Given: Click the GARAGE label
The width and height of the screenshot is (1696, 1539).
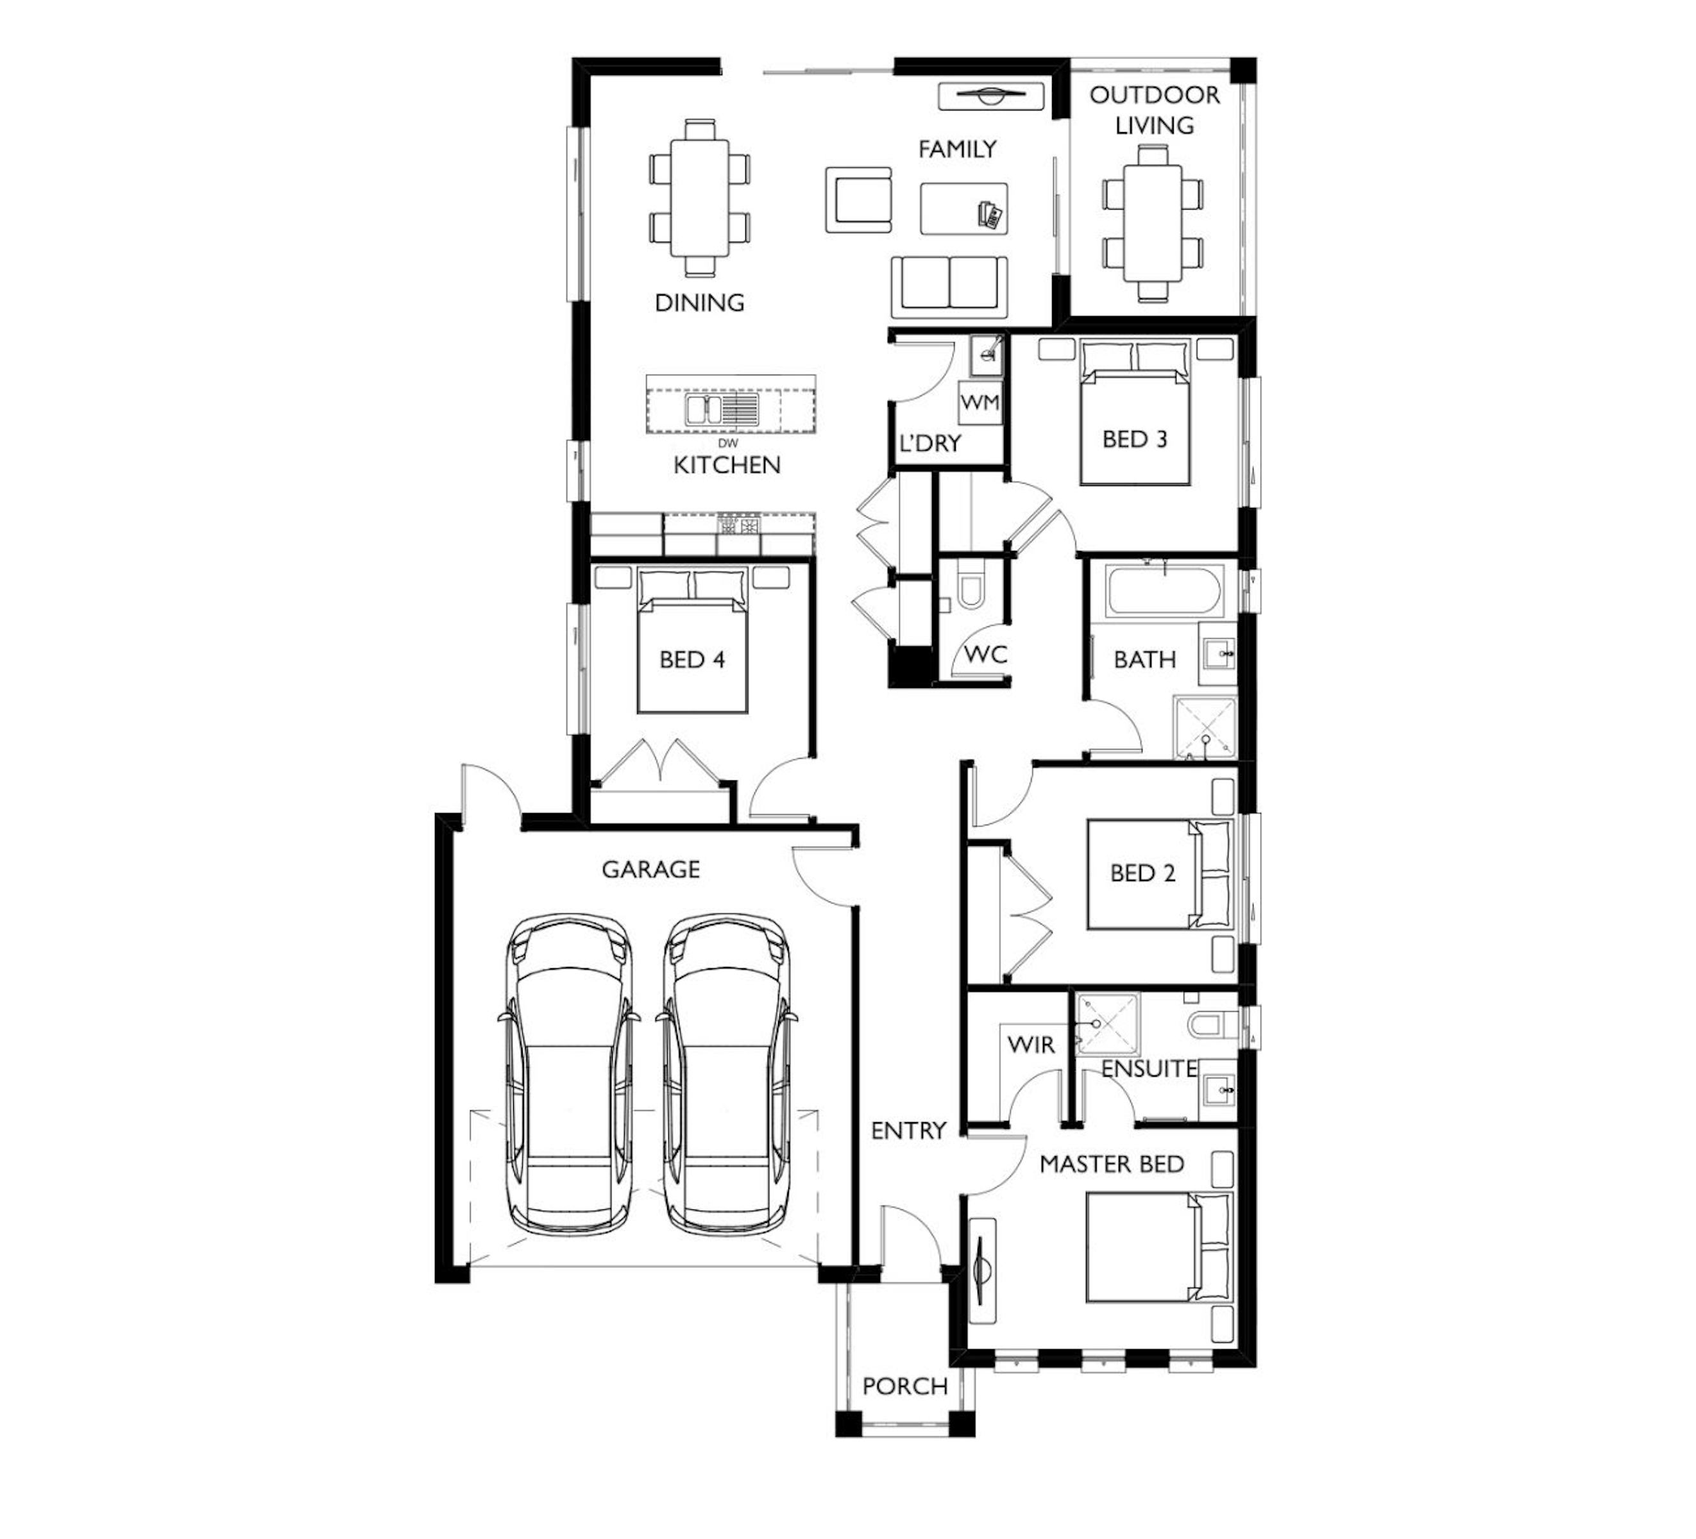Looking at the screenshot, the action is (x=650, y=869).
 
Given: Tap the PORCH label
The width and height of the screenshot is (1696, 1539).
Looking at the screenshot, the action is (x=905, y=1386).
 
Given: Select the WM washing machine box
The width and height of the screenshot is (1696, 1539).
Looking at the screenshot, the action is (x=980, y=403).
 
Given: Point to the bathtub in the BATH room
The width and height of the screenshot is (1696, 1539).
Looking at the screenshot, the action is (x=1164, y=591).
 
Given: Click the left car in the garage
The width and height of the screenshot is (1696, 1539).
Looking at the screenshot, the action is (x=569, y=1077).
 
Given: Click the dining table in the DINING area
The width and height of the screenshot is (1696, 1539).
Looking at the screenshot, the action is (x=700, y=199).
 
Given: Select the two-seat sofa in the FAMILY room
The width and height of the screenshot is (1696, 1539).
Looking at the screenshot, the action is (x=949, y=286).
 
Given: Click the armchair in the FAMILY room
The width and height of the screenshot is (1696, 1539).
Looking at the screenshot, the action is (x=858, y=199).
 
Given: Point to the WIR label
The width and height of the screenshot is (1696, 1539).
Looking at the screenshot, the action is (x=1031, y=1045).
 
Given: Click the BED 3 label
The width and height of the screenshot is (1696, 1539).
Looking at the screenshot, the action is (x=1135, y=439).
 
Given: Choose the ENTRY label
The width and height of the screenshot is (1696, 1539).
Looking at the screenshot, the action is (x=908, y=1131).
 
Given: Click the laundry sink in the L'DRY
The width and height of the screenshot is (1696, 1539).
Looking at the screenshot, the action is (x=985, y=356).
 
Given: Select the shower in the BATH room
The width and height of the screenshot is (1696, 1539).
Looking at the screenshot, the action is (x=1205, y=728).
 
